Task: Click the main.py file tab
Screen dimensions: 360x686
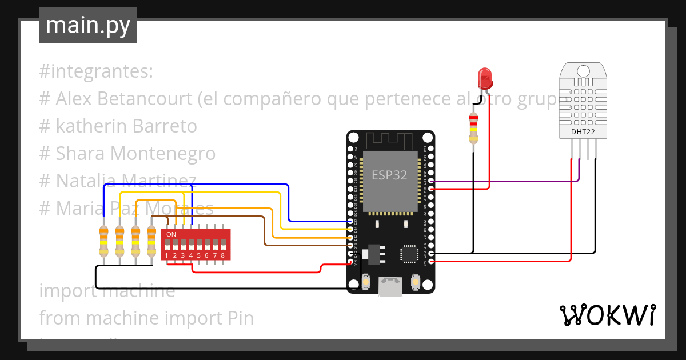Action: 87,25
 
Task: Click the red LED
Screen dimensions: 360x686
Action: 484,77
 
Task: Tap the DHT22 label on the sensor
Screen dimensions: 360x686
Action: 583,132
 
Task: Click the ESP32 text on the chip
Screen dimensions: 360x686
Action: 389,175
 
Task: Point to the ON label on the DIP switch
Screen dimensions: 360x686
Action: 171,234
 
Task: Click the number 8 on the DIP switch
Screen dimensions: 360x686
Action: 222,255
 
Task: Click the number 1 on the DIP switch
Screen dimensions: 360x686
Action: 166,255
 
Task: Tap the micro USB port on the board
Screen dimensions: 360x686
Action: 390,286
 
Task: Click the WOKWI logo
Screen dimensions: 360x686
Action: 607,315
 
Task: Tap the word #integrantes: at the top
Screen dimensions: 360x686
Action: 97,72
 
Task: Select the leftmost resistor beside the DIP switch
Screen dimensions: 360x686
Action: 103,241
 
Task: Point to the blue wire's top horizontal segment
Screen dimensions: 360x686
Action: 194,185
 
